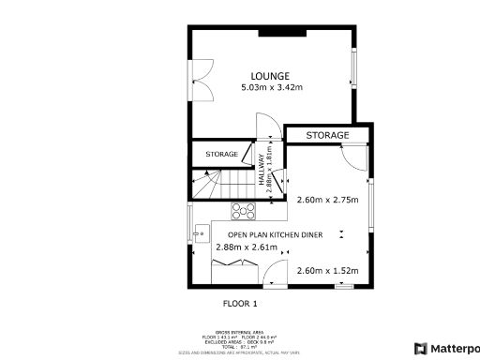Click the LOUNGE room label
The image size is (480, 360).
(269, 76)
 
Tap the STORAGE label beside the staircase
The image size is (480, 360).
(221, 154)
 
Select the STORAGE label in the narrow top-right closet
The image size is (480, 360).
(327, 136)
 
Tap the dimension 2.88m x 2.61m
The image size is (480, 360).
(240, 247)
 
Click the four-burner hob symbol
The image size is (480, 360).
(244, 212)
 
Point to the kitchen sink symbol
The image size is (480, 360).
(196, 233)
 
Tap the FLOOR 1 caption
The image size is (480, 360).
(239, 304)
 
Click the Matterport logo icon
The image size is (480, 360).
(420, 348)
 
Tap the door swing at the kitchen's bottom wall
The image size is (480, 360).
(276, 276)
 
